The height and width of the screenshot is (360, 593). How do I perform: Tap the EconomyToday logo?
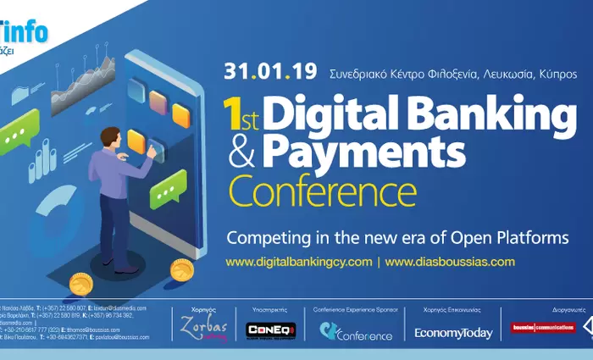point(453,333)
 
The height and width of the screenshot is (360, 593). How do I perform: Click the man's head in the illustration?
point(111,138)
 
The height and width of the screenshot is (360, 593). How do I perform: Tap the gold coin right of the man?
point(181,270)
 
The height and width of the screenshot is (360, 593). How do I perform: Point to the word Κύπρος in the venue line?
point(557,74)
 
